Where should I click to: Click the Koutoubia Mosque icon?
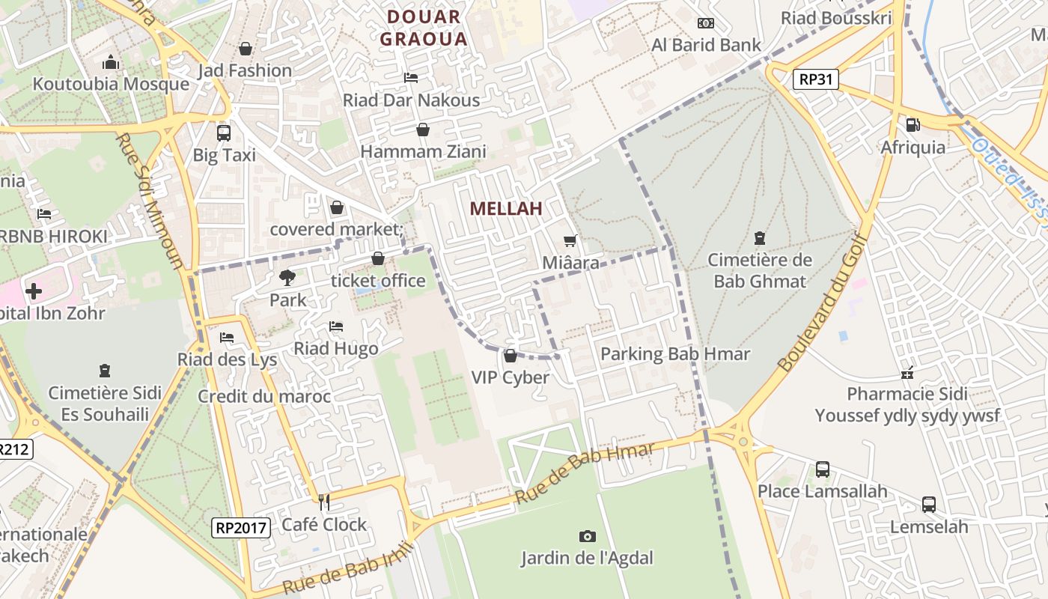(x=111, y=61)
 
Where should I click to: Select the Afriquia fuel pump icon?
(x=913, y=125)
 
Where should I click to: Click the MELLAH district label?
(x=506, y=209)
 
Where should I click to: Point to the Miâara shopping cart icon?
(x=570, y=240)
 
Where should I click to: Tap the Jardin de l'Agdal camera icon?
(x=587, y=536)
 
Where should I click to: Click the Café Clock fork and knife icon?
(x=324, y=502)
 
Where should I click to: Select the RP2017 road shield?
(x=240, y=527)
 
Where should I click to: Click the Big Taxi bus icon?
(x=223, y=133)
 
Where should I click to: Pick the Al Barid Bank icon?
(x=705, y=23)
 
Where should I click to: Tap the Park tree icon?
(x=287, y=278)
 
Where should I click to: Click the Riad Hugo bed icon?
(x=335, y=326)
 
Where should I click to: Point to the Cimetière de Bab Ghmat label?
(x=760, y=271)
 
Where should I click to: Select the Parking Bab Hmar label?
(x=675, y=354)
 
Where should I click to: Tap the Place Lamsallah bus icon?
(x=822, y=469)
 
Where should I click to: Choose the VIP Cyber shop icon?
(x=511, y=355)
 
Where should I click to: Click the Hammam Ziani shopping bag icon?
(x=423, y=130)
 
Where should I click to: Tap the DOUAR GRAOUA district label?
(x=424, y=28)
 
